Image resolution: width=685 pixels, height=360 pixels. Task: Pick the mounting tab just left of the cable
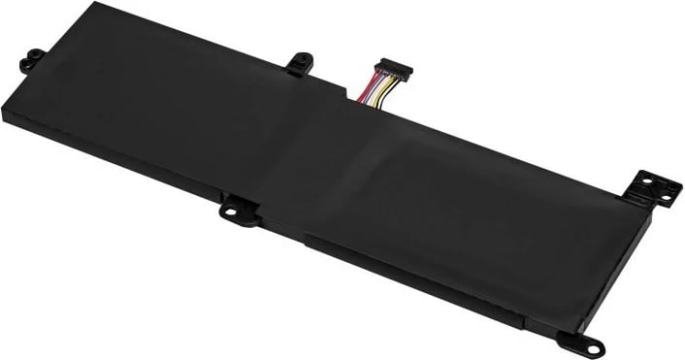click(299, 62)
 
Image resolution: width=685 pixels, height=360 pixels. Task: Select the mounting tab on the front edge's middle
click(236, 208)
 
